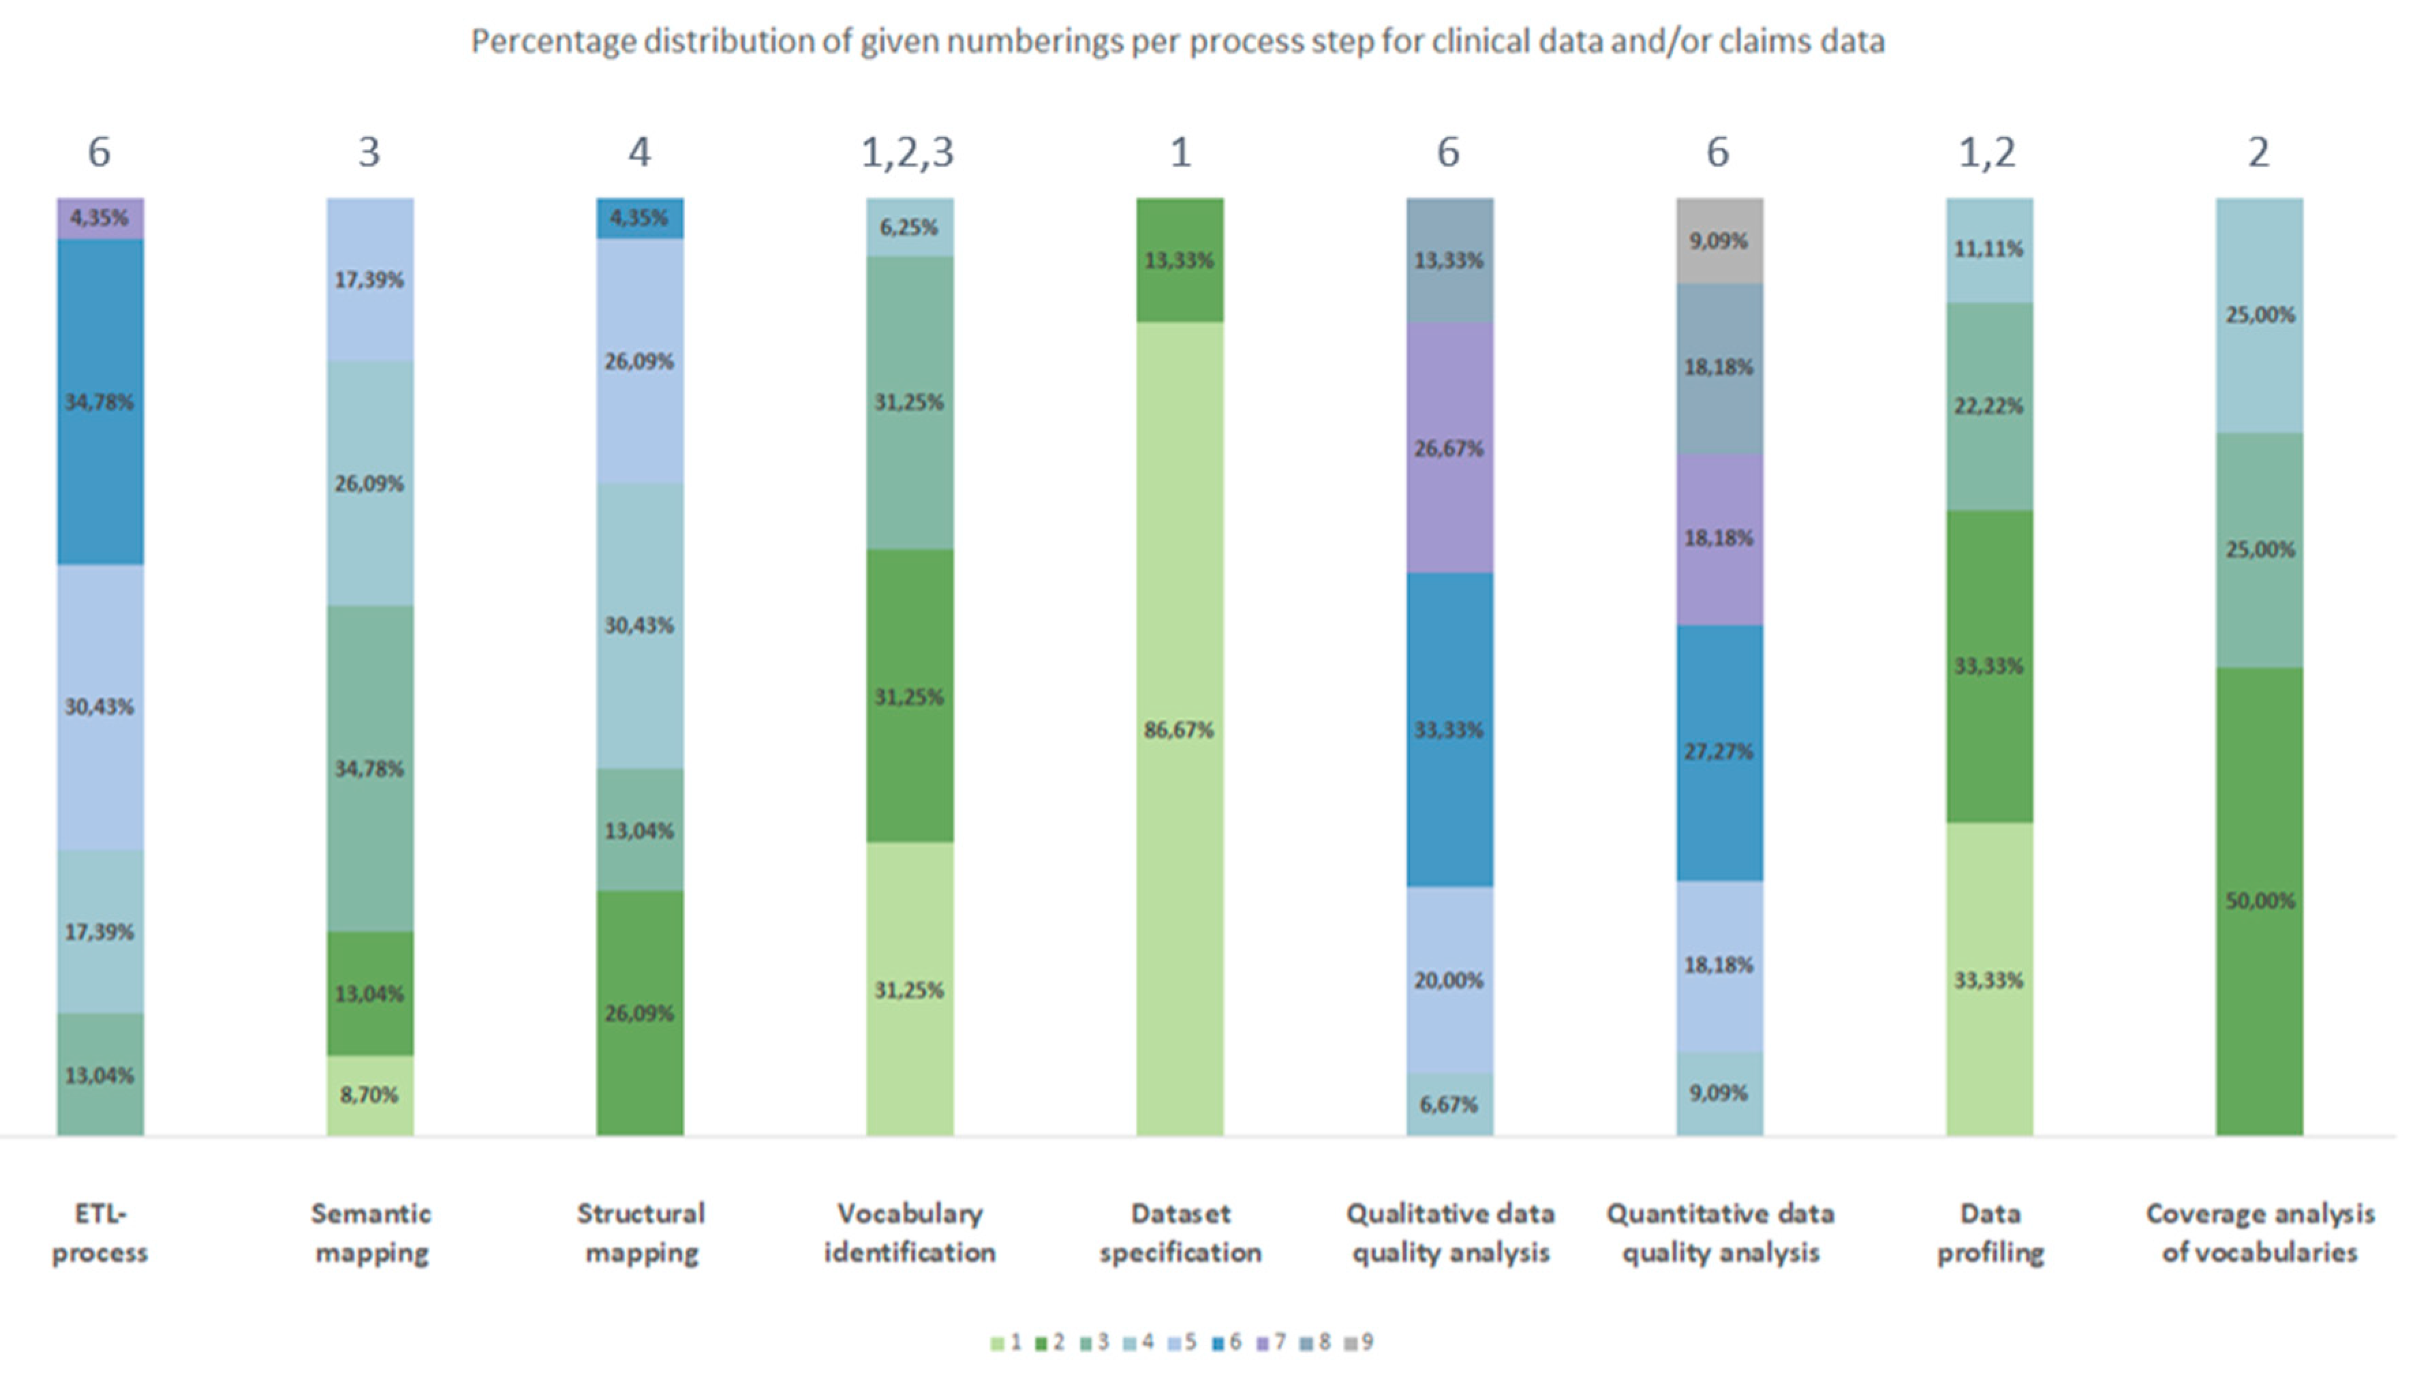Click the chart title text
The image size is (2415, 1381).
pos(1177,42)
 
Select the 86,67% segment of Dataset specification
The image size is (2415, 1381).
pos(1179,728)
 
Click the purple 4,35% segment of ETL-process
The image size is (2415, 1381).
pos(99,218)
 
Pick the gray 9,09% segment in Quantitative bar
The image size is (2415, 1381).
pos(1719,241)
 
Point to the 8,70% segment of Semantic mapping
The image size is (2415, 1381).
pos(369,1095)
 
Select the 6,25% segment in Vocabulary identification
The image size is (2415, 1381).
pos(909,227)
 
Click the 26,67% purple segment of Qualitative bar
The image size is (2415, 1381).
pos(1449,448)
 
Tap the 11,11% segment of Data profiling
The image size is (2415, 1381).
pos(1989,249)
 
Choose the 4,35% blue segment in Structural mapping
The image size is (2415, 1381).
pos(639,218)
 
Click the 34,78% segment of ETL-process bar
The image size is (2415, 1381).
pos(99,401)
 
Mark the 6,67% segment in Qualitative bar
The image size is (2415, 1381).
pos(1449,1104)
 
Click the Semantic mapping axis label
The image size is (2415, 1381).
pos(371,1232)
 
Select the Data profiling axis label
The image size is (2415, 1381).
pos(1990,1232)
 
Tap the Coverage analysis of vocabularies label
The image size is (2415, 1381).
pos(2260,1232)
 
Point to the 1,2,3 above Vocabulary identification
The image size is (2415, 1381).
pos(908,153)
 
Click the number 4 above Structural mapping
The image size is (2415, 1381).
pos(639,153)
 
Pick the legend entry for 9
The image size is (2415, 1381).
pos(1359,1342)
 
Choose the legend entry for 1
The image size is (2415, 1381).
pos(1006,1342)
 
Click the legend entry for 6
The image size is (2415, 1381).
pos(1227,1342)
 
